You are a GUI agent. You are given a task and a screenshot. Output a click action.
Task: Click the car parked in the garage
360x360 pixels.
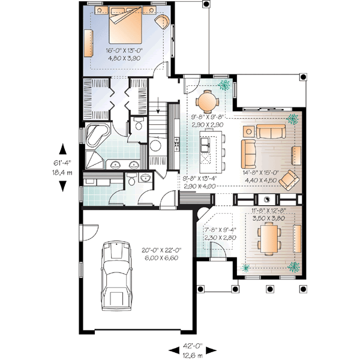(x=115, y=272)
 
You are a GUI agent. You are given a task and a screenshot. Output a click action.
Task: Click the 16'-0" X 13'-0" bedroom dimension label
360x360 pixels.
(x=125, y=50)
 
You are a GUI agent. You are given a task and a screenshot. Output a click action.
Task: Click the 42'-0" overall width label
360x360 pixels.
(x=193, y=346)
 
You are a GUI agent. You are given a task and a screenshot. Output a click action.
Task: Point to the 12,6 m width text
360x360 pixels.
(x=193, y=354)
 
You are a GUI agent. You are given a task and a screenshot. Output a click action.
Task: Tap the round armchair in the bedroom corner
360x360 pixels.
(x=161, y=23)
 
